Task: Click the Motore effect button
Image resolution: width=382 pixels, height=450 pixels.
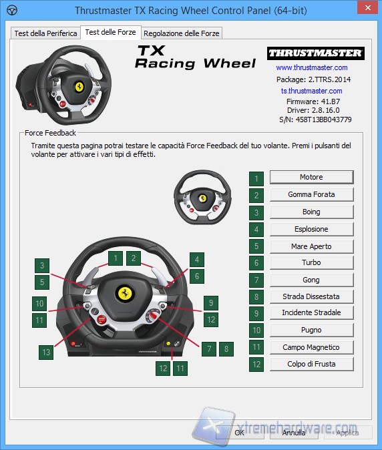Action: [x=311, y=177]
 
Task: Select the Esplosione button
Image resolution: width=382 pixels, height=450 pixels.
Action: [x=311, y=229]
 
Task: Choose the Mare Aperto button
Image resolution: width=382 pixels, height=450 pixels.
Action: [x=311, y=246]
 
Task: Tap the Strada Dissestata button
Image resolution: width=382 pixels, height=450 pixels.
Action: [x=311, y=296]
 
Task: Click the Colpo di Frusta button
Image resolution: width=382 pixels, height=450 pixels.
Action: [x=311, y=364]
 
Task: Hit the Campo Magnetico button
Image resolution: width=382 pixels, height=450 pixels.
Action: [x=311, y=347]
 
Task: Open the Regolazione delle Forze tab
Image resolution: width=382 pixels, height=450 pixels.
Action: [x=181, y=33]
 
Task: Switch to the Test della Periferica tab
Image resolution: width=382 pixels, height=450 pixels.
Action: [x=45, y=33]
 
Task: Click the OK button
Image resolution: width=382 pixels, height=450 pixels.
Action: [x=238, y=433]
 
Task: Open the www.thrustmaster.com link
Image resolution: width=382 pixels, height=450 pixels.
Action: [x=311, y=67]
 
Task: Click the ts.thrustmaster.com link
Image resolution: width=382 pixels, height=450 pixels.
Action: [x=311, y=91]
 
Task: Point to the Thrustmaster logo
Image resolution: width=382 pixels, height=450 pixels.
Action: [x=314, y=53]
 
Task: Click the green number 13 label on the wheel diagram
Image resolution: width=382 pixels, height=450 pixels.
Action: [x=45, y=352]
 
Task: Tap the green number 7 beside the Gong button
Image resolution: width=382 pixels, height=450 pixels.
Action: [x=256, y=280]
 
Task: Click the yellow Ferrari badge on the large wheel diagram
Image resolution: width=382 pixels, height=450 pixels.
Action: [x=124, y=293]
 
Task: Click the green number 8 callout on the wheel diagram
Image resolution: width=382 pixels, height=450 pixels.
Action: [x=227, y=349]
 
